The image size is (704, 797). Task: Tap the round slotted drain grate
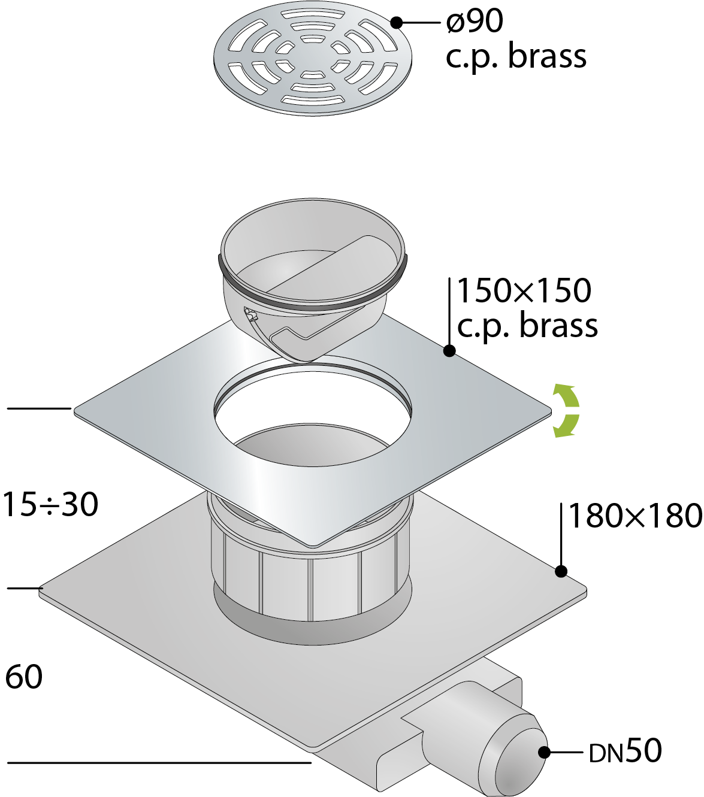point(313,62)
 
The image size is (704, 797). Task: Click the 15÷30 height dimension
point(50,505)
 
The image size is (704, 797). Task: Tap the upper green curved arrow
point(567,396)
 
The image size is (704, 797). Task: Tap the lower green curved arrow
point(567,426)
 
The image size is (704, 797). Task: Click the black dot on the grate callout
point(397,22)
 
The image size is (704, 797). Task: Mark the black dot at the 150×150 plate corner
point(449,350)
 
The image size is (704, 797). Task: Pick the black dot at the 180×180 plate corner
point(561,571)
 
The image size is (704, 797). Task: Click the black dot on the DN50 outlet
point(544,753)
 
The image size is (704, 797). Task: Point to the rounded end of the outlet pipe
point(519,757)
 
